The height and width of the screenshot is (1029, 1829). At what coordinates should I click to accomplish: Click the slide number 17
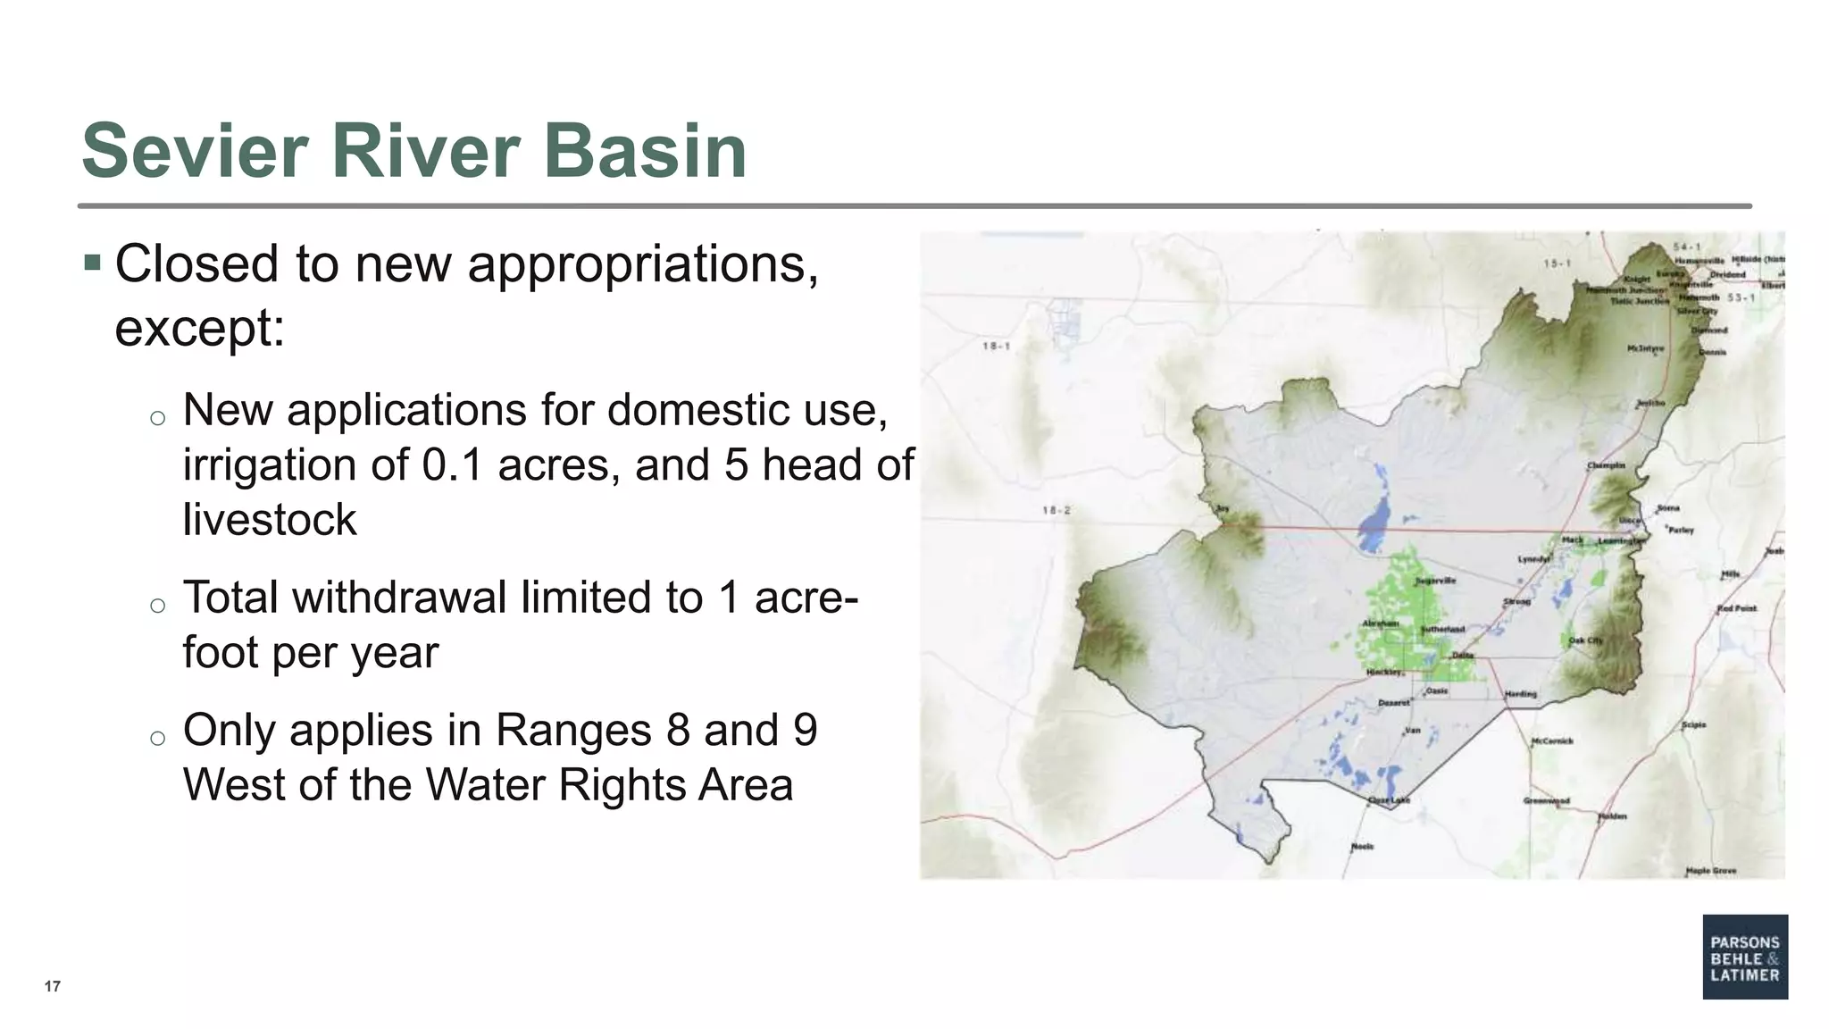[53, 986]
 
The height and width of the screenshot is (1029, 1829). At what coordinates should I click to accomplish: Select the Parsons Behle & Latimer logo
[1744, 957]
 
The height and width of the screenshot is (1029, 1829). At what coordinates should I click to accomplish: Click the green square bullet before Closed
[92, 264]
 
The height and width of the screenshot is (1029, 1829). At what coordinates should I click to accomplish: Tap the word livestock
[270, 520]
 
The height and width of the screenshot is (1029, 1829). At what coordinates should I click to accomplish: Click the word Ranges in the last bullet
[572, 730]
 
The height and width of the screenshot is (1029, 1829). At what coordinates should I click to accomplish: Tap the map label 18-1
[996, 346]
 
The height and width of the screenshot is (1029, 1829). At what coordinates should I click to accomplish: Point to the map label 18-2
[1056, 511]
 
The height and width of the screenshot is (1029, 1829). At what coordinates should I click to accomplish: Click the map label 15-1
[1557, 264]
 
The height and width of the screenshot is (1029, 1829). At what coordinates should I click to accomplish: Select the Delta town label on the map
[1462, 655]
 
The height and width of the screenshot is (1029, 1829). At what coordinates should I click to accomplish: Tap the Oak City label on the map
[1585, 640]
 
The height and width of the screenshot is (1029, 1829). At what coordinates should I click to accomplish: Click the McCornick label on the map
[1552, 740]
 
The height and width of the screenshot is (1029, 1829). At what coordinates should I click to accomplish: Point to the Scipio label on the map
[1693, 724]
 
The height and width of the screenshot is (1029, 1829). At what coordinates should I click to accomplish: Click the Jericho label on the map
[1649, 403]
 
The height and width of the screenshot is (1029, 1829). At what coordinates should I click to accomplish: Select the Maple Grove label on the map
[1710, 870]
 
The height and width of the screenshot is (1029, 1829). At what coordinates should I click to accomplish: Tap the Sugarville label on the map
[1435, 581]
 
